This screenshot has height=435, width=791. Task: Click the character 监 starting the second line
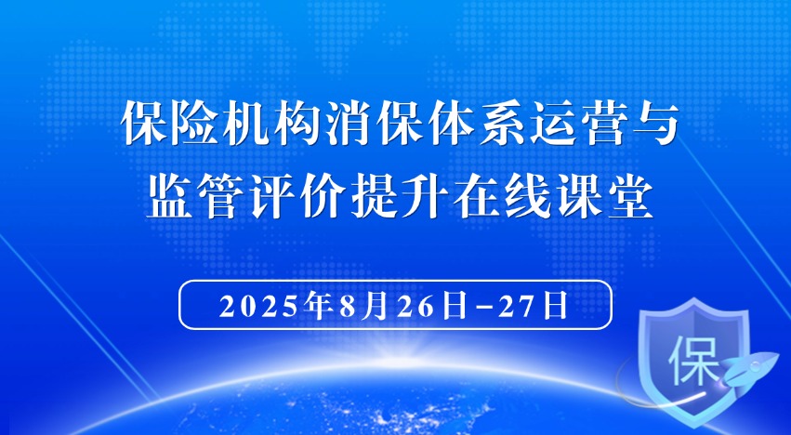[x=169, y=197]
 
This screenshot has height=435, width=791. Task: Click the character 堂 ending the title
[x=630, y=197]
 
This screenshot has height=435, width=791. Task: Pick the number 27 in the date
[x=518, y=306]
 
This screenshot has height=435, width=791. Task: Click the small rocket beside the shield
[x=749, y=368]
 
